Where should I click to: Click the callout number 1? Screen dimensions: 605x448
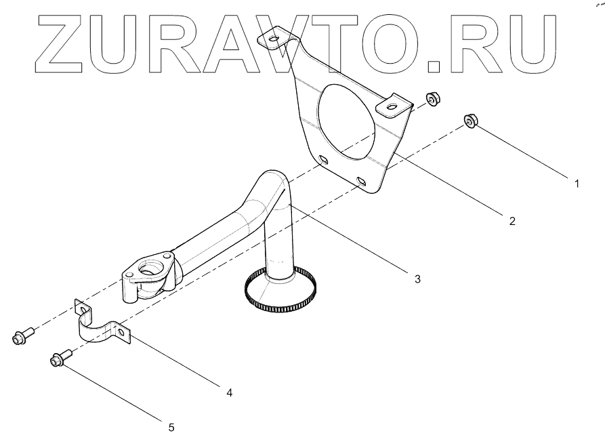pos(576,182)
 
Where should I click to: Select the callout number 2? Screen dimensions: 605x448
pos(512,220)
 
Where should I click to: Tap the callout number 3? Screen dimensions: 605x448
pos(417,278)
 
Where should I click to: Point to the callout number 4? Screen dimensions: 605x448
pos(229,392)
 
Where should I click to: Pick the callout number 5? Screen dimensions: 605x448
pos(171,427)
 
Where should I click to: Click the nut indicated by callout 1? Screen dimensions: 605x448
pos(470,121)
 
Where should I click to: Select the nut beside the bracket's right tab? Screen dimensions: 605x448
pos(430,100)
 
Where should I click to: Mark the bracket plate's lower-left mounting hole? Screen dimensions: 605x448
pos(323,160)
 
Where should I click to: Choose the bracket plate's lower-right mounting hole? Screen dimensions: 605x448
pos(361,182)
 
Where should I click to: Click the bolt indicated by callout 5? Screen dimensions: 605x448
pos(59,359)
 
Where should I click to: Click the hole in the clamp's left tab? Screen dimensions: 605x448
pos(83,310)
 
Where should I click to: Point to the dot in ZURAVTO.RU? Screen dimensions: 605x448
pos(434,65)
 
